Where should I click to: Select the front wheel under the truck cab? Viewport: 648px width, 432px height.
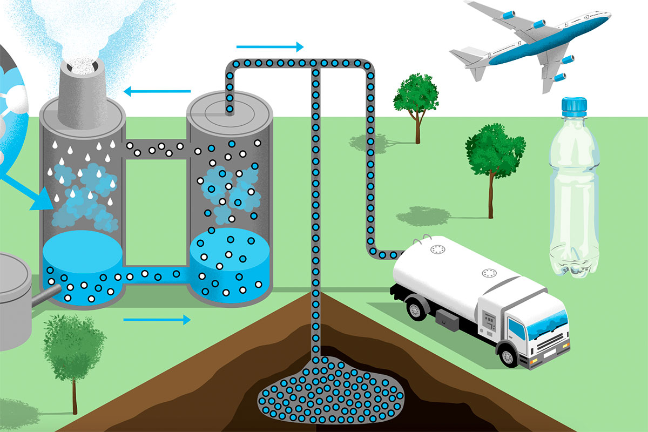508,356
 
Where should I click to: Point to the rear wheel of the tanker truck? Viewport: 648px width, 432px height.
415,310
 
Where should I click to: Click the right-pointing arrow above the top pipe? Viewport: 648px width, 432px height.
270,47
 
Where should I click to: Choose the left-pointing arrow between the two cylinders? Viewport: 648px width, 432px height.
160,91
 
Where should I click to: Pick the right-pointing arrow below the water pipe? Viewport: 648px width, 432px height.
157,320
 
